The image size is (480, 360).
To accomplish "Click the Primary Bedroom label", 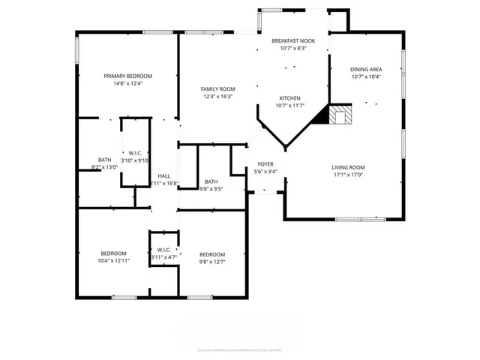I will tap(127, 76).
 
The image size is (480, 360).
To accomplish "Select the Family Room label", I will tap(218, 88).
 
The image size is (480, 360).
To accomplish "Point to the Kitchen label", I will tap(290, 98).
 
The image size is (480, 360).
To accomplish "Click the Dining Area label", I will tap(365, 69).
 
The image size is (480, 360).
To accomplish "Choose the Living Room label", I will tap(348, 167).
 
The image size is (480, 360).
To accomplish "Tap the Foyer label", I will tap(266, 163).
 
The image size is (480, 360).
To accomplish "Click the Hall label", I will tap(163, 175).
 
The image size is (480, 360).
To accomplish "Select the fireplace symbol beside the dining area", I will tap(341, 115).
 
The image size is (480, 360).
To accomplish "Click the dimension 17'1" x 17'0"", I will tap(348, 175).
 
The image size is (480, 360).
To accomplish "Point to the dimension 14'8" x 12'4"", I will tap(127, 83).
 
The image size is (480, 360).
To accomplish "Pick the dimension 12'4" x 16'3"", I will tap(218, 96).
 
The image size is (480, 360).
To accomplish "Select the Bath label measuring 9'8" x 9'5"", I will tap(211, 181).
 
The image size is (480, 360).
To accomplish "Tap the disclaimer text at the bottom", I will tap(239, 349).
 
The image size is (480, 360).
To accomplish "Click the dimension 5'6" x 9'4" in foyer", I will tap(266, 171).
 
